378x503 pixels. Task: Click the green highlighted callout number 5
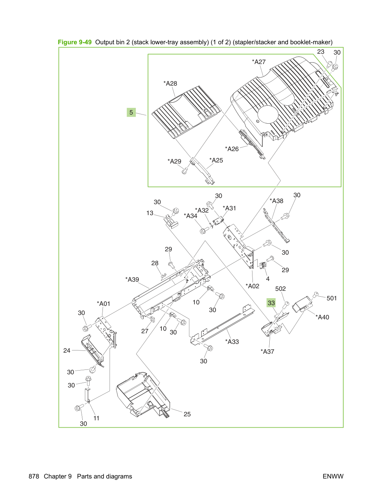click(131, 112)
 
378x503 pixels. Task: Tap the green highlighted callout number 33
click(271, 303)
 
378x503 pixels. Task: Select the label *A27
click(259, 62)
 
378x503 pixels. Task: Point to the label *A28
click(170, 83)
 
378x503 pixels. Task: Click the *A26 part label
click(232, 149)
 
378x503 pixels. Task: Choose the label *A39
click(132, 279)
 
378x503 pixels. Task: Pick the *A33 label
click(232, 342)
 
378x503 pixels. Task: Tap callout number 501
click(332, 298)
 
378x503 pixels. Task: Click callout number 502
click(280, 289)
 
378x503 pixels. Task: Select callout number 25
click(187, 414)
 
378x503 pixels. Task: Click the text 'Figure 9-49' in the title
click(75, 42)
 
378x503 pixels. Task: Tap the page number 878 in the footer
click(34, 476)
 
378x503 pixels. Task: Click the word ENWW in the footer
click(333, 476)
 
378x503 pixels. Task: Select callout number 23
click(321, 52)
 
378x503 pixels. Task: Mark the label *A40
click(322, 317)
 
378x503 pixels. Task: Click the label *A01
click(104, 304)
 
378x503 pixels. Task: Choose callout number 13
click(150, 213)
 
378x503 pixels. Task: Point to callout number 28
click(155, 263)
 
